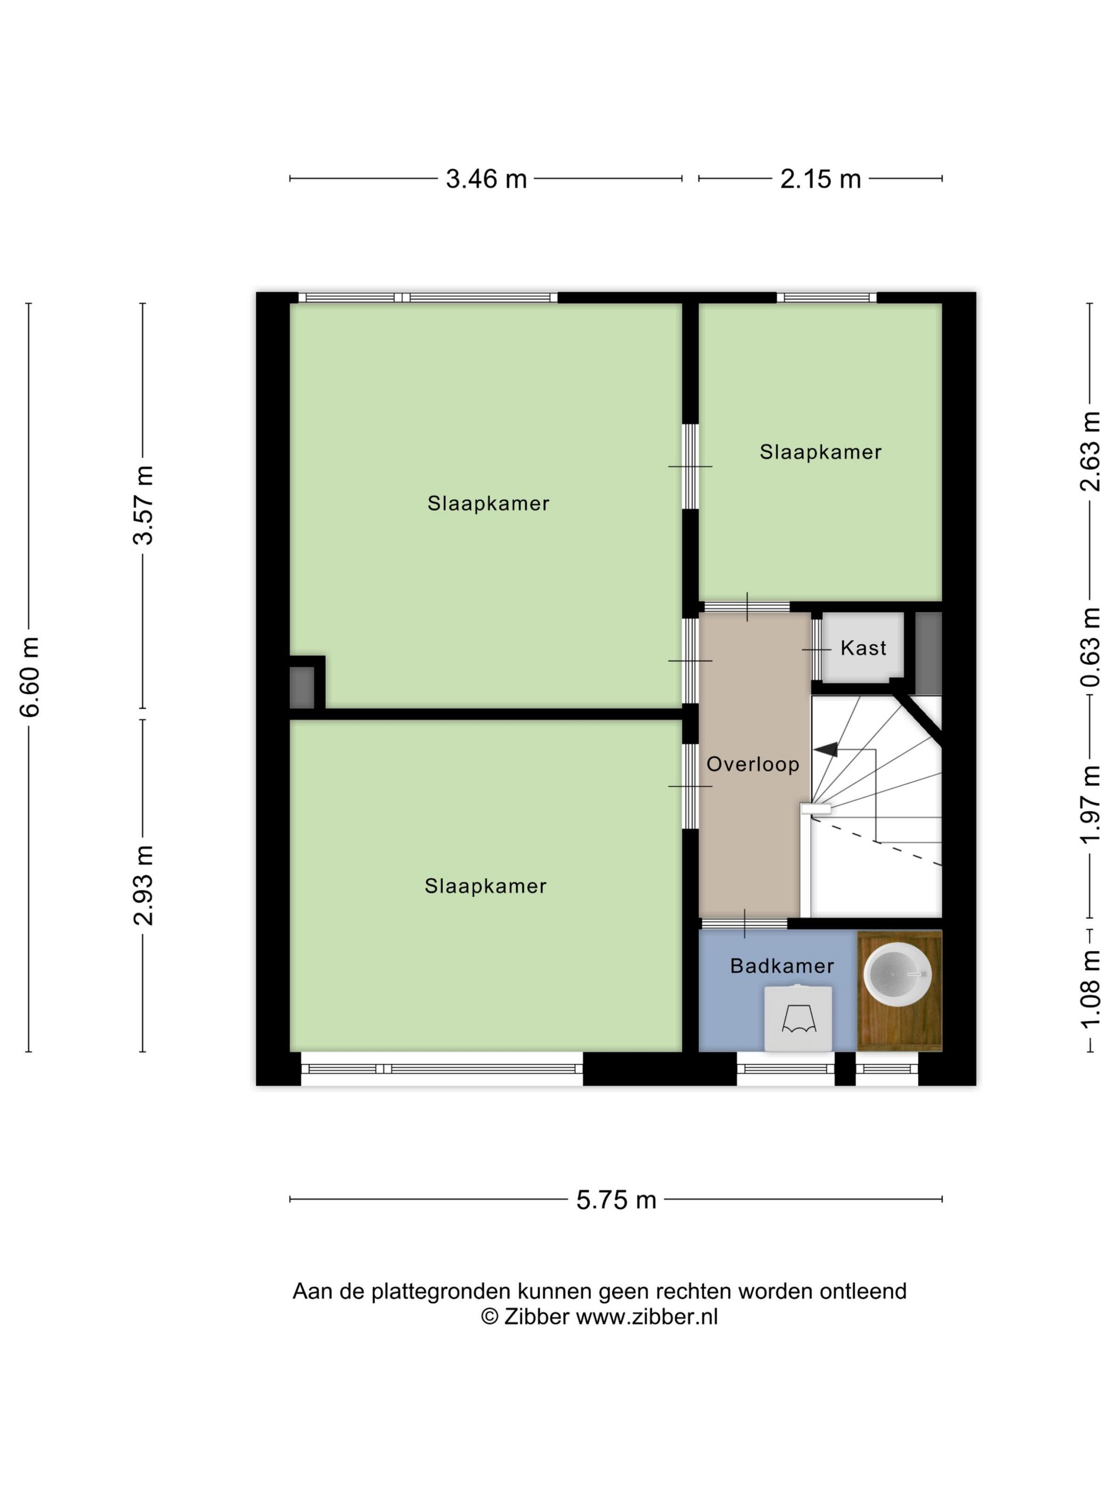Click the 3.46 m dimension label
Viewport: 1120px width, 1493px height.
point(486,179)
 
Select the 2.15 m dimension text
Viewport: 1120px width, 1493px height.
point(820,179)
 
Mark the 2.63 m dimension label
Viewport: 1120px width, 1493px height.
point(1090,451)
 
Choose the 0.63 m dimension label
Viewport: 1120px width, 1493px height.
point(1090,647)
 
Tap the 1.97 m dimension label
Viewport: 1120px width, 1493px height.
point(1090,805)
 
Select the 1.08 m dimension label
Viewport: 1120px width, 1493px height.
point(1090,990)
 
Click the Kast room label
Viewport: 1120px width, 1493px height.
point(863,648)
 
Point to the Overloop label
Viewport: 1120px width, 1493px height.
point(753,764)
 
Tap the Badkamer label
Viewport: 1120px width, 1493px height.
point(782,966)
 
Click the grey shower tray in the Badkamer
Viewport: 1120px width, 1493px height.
point(798,1018)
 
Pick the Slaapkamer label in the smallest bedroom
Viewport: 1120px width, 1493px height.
point(820,452)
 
